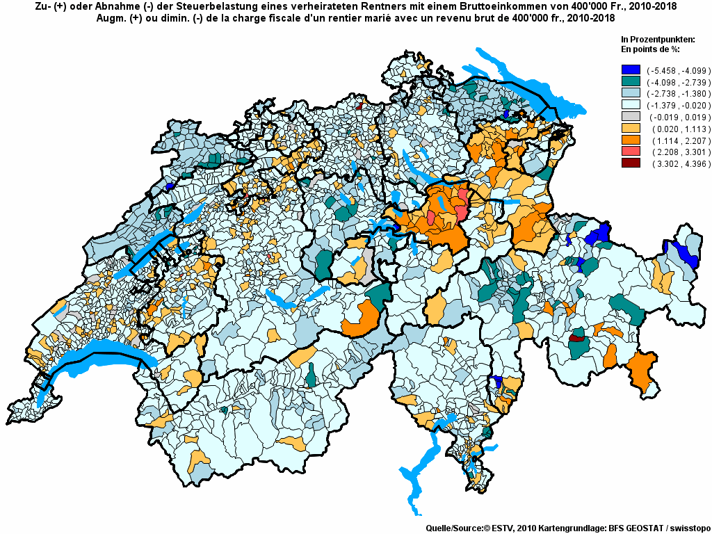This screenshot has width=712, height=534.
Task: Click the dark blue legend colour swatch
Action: coord(631,70)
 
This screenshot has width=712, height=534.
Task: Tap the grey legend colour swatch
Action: coord(631,117)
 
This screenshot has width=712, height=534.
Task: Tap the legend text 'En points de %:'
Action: coord(650,49)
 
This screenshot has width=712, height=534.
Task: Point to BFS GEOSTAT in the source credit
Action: coord(623,528)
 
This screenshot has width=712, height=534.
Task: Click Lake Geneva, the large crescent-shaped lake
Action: coord(104,353)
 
